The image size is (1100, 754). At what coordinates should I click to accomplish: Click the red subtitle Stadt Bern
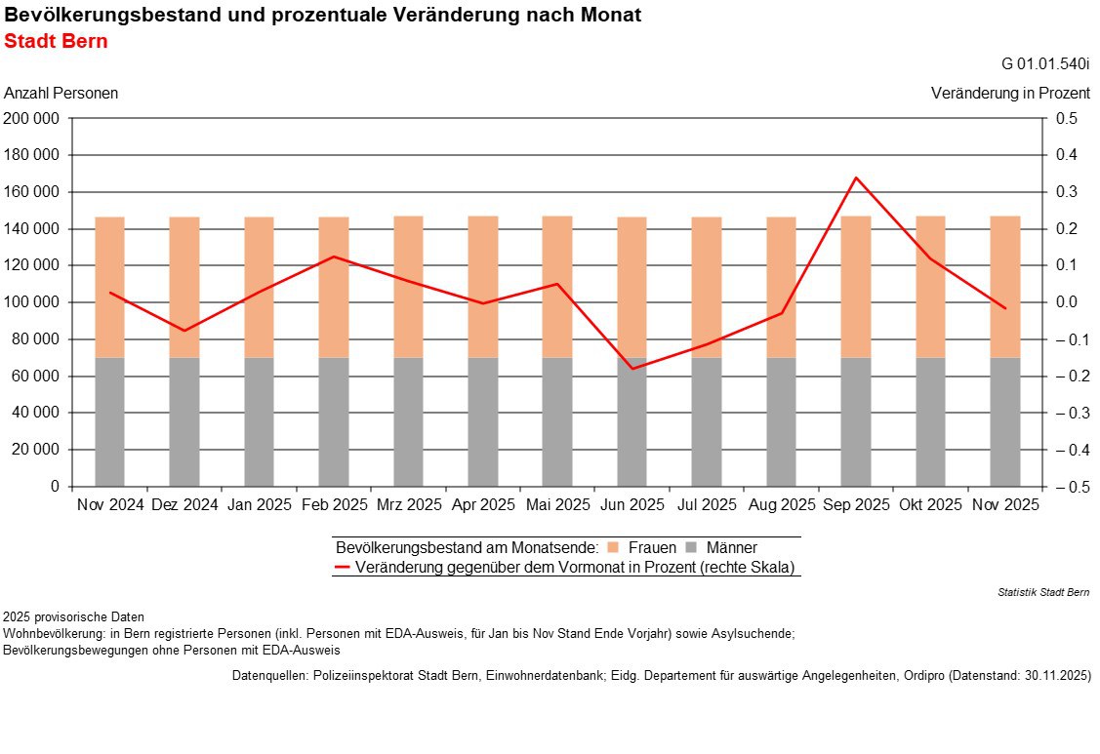(x=56, y=42)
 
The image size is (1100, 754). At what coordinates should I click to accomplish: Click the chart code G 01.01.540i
(x=1045, y=64)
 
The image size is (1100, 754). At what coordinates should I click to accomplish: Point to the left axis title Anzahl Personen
(x=61, y=94)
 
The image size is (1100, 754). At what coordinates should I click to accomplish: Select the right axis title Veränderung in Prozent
(x=1010, y=94)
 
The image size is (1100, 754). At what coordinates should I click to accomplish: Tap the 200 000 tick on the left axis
(x=32, y=119)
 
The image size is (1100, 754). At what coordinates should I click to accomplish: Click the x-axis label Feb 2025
(x=334, y=505)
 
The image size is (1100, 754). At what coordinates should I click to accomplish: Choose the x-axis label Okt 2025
(x=930, y=505)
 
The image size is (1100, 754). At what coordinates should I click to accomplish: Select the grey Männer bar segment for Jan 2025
(x=259, y=421)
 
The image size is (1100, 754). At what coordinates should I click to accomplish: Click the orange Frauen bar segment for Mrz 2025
(x=408, y=287)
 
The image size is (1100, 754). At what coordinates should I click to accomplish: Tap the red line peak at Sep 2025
(x=856, y=178)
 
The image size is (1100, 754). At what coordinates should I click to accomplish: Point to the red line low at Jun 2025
(x=631, y=369)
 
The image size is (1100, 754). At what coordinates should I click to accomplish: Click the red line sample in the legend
(x=342, y=567)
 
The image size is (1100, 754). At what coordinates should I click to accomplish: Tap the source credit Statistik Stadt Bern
(x=1043, y=592)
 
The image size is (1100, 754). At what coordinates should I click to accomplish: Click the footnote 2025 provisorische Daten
(x=73, y=617)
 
